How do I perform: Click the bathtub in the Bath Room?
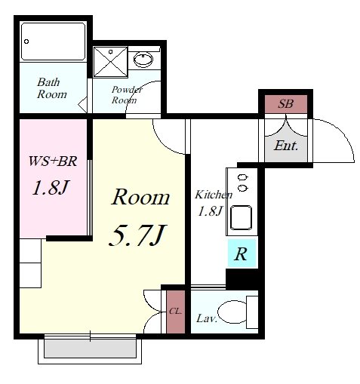[53, 41]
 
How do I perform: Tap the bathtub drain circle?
[26, 41]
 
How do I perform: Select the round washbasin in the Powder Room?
[143, 60]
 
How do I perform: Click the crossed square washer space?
[110, 62]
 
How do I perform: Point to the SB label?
[285, 103]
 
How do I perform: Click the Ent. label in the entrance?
[286, 146]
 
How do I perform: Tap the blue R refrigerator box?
[242, 253]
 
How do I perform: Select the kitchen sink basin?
[241, 217]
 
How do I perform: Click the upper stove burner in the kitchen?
[242, 177]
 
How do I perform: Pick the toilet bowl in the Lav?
[232, 312]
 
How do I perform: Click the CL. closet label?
[175, 312]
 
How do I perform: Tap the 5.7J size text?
[138, 235]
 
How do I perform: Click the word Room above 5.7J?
[140, 197]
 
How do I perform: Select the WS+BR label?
[53, 161]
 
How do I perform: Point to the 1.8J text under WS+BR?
[51, 188]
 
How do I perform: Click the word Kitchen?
[214, 195]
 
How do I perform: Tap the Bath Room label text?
[52, 88]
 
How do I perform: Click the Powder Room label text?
[127, 95]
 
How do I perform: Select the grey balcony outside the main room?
[91, 349]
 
